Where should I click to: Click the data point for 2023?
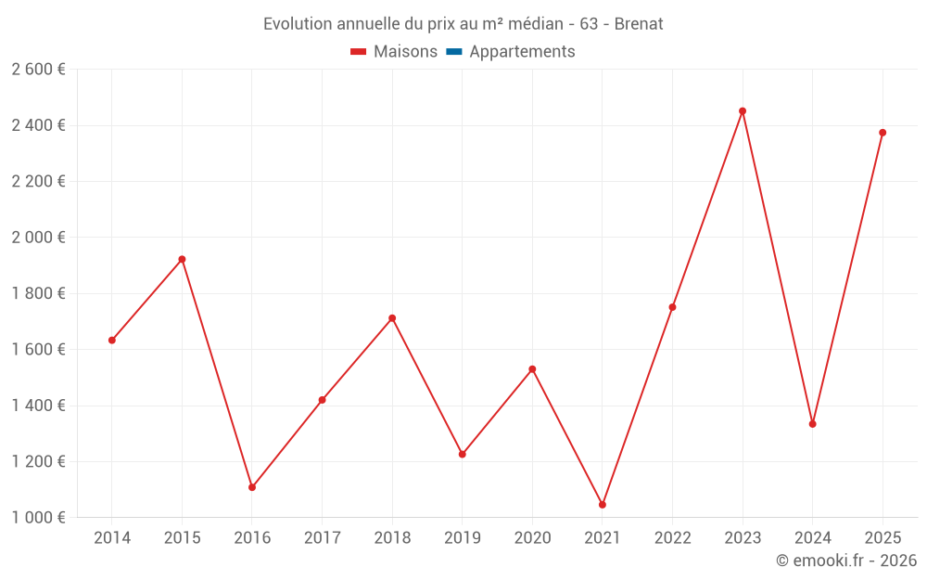point(743,111)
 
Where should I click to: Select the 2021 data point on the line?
point(603,505)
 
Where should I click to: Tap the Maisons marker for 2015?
point(182,259)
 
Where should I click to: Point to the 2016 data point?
point(252,487)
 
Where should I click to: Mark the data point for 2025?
point(883,133)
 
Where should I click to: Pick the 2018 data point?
point(392,318)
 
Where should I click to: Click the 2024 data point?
point(813,424)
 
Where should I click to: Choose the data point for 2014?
point(112,341)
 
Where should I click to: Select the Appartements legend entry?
point(522,52)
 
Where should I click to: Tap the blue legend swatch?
point(454,52)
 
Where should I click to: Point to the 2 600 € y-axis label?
point(38,69)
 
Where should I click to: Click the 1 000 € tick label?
point(38,518)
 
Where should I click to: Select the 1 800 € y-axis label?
point(38,293)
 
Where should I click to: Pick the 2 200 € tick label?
point(38,181)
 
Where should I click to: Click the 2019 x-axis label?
point(463,537)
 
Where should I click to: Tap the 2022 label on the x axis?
point(673,537)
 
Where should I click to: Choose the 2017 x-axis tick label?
point(322,537)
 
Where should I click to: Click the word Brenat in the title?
point(639,24)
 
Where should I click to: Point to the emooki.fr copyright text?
point(846,561)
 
